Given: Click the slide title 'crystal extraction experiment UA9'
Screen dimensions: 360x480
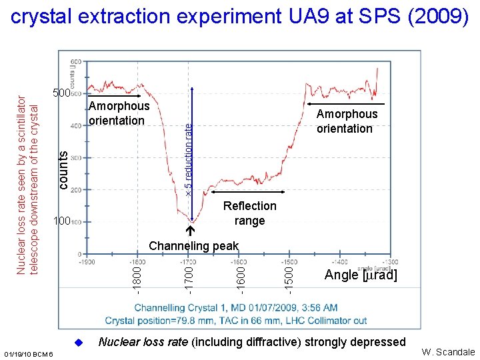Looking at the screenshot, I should pyautogui.click(x=240, y=18).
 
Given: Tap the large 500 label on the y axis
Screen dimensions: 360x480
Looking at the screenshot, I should pyautogui.click(x=61, y=93).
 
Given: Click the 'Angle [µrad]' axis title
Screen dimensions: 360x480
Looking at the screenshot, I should pyautogui.click(x=360, y=275).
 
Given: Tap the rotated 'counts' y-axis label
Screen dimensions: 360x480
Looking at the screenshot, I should pyautogui.click(x=63, y=169).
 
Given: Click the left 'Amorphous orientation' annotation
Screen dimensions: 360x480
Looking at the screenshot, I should pyautogui.click(x=119, y=113).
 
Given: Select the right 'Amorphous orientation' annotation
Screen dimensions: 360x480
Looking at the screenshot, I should pyautogui.click(x=347, y=121).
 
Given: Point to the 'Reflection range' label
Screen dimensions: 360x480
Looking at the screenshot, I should pyautogui.click(x=249, y=213).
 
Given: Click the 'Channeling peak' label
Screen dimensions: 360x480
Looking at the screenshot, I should pyautogui.click(x=193, y=246).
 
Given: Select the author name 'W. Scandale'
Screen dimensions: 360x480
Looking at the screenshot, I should pyautogui.click(x=447, y=352).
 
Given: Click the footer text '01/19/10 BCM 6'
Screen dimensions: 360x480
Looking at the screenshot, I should pyautogui.click(x=28, y=352).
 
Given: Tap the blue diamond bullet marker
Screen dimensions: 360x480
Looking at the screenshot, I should pyautogui.click(x=77, y=343).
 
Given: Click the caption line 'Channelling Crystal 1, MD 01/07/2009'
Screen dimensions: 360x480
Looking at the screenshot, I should pyautogui.click(x=235, y=308).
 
